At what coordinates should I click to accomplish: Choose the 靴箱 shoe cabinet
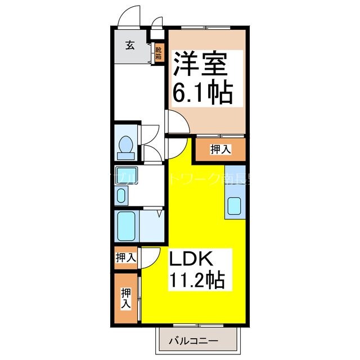[159, 53]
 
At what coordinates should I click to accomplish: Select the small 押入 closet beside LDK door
[126, 258]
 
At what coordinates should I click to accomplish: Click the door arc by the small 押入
[148, 256]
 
